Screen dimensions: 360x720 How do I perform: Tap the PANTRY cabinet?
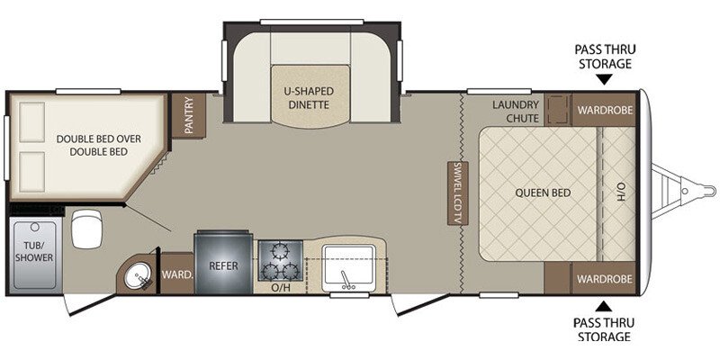190,115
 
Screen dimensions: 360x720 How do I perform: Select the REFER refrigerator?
222,265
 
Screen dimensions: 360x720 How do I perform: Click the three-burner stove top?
279,260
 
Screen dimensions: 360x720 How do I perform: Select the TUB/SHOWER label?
33,251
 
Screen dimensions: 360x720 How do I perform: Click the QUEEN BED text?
539,192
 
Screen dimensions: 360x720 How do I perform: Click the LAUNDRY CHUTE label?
515,112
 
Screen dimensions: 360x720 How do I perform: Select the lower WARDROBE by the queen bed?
605,279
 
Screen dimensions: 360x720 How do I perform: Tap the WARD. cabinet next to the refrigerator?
175,275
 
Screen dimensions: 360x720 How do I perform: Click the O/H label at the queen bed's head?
620,191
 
